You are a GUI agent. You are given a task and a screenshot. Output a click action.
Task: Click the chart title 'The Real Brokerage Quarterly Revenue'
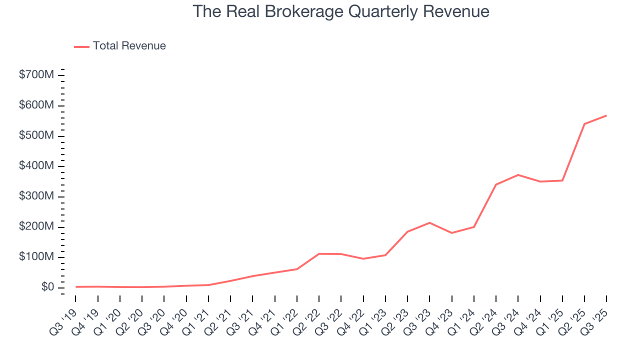click(x=340, y=11)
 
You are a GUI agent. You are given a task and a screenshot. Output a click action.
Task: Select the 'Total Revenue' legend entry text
click(x=129, y=46)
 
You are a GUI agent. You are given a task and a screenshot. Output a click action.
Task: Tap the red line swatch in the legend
click(x=81, y=46)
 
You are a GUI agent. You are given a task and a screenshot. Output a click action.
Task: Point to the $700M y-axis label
click(x=36, y=75)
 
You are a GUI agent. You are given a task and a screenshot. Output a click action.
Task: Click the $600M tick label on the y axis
click(x=36, y=106)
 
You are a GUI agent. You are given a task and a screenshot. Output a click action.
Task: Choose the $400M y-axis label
click(x=36, y=166)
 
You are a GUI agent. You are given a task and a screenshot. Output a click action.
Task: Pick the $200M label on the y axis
click(x=36, y=227)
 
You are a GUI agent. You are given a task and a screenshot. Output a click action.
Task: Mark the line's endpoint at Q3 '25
click(x=606, y=115)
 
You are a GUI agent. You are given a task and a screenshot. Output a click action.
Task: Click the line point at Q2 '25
click(x=584, y=124)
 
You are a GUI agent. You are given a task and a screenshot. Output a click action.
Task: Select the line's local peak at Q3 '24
click(x=518, y=175)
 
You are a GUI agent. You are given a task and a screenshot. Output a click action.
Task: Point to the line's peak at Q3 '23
click(x=429, y=222)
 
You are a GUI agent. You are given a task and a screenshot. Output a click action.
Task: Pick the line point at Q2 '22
click(x=319, y=254)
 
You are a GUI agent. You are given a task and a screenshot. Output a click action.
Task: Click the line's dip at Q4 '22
click(x=363, y=258)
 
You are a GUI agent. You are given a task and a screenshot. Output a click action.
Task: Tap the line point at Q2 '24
click(x=496, y=184)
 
